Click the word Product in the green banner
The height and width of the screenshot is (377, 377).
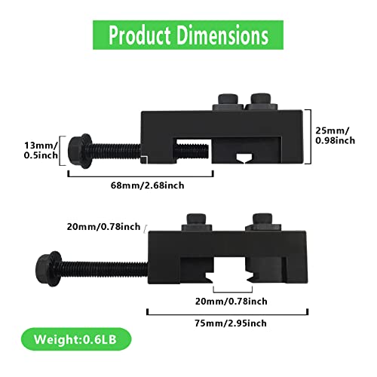coord(139,35)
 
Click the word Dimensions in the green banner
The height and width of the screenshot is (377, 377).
coord(222,35)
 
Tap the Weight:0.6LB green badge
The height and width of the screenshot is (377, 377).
coord(76,339)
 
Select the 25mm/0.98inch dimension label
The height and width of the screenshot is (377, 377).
coord(336,136)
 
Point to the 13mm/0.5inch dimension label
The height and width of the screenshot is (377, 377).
coord(41,150)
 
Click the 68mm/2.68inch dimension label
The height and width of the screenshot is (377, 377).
coord(147,185)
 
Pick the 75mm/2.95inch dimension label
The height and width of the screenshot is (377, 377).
coord(231,323)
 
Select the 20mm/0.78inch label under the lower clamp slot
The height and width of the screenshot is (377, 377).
coord(231,302)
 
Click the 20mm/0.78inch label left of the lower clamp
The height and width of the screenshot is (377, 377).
coord(103,227)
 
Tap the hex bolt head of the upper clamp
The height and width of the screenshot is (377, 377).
coord(80,151)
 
